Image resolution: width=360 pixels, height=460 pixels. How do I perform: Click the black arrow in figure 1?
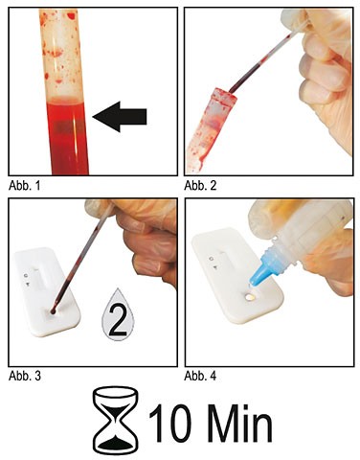(x=120, y=117)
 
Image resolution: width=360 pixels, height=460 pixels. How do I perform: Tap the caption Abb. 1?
(x=25, y=186)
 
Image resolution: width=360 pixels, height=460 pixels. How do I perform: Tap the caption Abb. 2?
(x=200, y=186)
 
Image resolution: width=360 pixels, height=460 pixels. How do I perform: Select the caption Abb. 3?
(x=25, y=376)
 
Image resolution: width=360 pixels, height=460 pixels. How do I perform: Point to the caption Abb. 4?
(x=200, y=376)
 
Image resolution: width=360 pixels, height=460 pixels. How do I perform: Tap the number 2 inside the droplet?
(x=118, y=320)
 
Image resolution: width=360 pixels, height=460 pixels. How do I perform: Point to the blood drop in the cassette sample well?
(x=53, y=310)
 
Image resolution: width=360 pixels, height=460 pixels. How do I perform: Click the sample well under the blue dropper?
(x=250, y=297)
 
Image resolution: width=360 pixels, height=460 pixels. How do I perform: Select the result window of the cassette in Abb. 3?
(x=41, y=279)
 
